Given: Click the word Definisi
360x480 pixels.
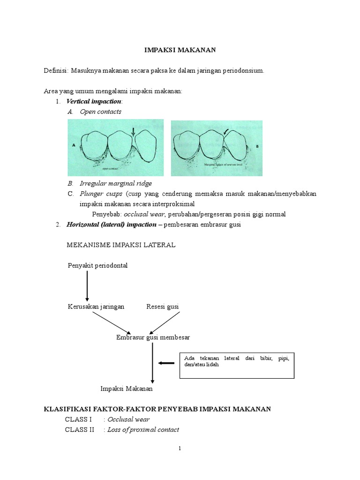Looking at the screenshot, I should pos(55,70).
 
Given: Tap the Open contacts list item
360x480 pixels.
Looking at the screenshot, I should pos(100,112).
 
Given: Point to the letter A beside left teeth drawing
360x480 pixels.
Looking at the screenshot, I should pos(74,146).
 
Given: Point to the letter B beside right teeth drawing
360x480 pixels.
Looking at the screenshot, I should pos(256,146).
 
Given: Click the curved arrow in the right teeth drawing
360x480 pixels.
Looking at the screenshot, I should pos(227,133).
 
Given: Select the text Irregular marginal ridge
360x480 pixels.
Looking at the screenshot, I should pos(115,183).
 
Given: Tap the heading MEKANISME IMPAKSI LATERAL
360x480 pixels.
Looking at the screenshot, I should pos(115,245).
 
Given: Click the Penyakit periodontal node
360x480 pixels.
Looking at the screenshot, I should pos(97,266).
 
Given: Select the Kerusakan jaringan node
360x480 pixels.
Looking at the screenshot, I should pos(96,307).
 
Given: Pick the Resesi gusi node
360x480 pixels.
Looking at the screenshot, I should pos(162,307).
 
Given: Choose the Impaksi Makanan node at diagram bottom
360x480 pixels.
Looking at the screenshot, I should pos(127,389).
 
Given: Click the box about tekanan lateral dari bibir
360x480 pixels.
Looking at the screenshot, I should pos(237,365).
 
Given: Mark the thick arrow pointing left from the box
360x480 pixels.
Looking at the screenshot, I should pos(166,362).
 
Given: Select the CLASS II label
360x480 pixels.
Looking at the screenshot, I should pos(80,429).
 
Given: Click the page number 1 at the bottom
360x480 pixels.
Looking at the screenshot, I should pos(180,449).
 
